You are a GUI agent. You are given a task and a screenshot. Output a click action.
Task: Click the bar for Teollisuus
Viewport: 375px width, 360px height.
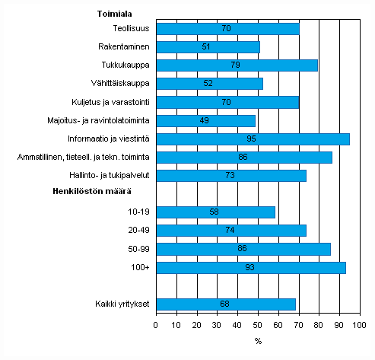coord(227,29)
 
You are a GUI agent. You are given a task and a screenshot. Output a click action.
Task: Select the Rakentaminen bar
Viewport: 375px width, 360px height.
coord(208,46)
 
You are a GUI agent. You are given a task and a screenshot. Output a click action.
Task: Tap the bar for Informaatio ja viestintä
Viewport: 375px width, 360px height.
coord(253,139)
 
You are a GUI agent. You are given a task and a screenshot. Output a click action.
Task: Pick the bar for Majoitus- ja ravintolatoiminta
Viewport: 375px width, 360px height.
coord(205,120)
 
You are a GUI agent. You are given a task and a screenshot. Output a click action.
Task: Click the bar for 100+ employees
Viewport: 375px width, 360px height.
coord(251,268)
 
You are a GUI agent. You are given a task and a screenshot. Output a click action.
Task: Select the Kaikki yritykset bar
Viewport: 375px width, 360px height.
coord(225,304)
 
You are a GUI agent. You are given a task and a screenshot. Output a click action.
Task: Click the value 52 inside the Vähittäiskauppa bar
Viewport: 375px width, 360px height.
coord(209,84)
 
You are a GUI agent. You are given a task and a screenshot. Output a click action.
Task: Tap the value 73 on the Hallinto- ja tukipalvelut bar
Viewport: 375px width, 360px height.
coord(230,176)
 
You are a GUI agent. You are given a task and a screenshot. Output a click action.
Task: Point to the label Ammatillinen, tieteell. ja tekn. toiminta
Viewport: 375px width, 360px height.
coord(83,158)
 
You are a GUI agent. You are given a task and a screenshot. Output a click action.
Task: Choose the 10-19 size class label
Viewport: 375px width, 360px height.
coord(137,212)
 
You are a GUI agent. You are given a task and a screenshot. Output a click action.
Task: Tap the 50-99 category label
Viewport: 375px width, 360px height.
coord(137,249)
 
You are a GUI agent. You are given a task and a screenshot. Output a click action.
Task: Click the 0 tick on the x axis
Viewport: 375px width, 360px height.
coord(156,326)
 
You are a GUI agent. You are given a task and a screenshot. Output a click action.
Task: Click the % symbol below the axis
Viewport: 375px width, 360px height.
coord(258,340)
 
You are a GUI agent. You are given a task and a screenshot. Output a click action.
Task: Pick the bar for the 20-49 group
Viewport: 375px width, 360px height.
coord(231,231)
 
